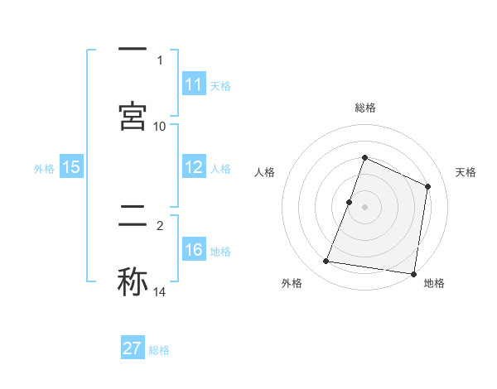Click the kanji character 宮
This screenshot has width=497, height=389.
click(133, 115)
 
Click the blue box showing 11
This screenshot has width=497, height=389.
click(194, 84)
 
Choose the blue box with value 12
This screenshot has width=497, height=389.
click(194, 167)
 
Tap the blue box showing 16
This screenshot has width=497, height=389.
click(194, 250)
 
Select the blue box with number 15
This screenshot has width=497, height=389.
click(71, 167)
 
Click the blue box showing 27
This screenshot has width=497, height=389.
click(133, 348)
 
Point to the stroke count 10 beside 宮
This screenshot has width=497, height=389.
click(160, 126)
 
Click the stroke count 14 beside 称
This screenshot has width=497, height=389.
click(160, 292)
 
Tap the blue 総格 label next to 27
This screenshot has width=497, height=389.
click(159, 350)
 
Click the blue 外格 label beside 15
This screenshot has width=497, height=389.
click(44, 169)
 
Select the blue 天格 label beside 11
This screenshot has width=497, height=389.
click(220, 86)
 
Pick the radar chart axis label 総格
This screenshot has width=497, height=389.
click(364, 108)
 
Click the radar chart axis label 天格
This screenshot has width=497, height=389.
click(466, 172)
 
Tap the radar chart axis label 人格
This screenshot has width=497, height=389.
click(264, 172)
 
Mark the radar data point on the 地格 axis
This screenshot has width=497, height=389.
click(413, 273)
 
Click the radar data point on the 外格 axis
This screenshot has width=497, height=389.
click(326, 262)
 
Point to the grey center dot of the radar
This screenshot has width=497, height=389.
click(364, 207)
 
